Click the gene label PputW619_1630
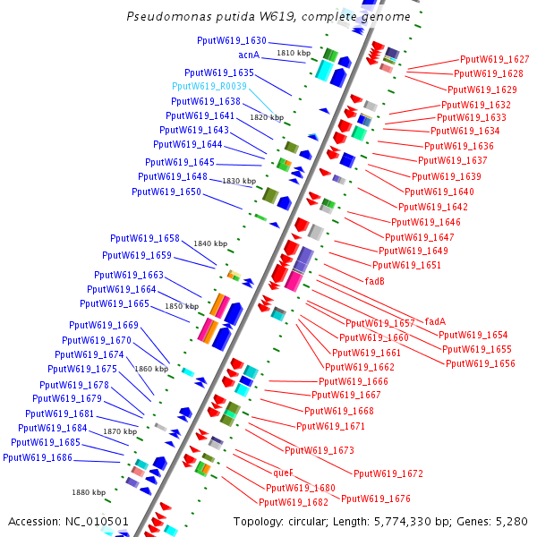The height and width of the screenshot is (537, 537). point(232,41)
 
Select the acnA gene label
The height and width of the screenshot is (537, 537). point(248,55)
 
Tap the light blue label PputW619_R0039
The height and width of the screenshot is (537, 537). point(209,86)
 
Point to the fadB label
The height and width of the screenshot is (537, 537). point(375,280)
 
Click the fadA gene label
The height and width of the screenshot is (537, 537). point(435,321)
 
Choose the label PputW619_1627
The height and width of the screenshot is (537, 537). point(494,59)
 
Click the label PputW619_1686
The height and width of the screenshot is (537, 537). point(38,457)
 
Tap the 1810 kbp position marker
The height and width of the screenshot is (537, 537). point(293,54)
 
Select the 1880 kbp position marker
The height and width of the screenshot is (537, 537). point(89,492)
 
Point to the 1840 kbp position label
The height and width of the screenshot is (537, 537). point(210,243)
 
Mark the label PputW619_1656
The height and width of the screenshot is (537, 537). point(480,363)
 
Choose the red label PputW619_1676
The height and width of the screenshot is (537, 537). point(376,499)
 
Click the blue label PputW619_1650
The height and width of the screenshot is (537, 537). point(166,192)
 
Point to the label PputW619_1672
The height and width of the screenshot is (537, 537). point(388,473)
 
